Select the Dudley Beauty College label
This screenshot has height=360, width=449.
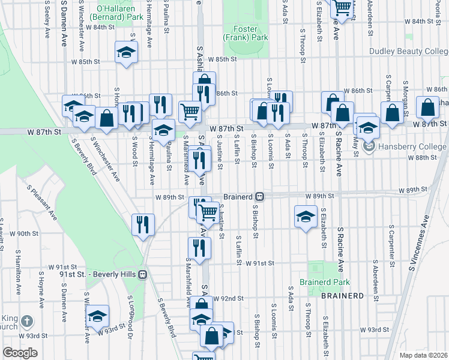408,52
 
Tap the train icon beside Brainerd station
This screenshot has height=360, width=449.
259,197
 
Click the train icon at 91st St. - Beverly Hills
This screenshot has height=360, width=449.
143,274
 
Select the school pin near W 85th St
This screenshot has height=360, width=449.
127,52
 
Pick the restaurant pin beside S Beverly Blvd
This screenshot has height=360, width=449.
143,225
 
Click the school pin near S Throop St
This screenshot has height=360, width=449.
306,216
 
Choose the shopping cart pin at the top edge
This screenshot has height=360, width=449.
342,8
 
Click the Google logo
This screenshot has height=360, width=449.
20,352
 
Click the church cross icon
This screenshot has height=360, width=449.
26,322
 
